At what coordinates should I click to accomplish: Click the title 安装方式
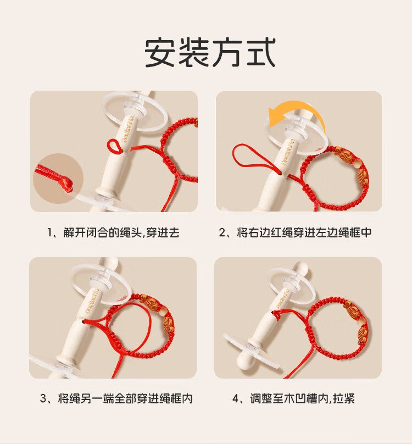[210, 53]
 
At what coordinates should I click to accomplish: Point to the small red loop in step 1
[113, 146]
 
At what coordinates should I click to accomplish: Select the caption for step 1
[113, 232]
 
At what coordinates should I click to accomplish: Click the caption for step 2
[295, 232]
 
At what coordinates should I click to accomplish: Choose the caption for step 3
[116, 398]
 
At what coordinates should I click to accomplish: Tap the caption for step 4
[294, 398]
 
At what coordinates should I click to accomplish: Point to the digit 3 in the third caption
[43, 399]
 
